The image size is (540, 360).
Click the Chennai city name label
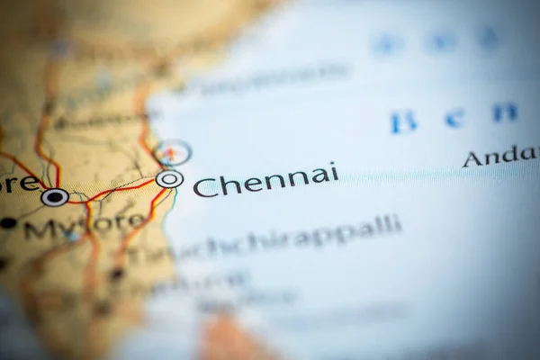(x=265, y=179)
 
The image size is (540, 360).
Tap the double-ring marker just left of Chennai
(x=169, y=179)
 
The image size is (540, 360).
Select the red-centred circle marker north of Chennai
(x=172, y=152)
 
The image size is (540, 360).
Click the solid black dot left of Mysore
(x=8, y=222)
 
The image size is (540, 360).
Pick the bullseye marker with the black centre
(x=55, y=196)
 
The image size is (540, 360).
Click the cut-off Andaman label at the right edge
(x=499, y=156)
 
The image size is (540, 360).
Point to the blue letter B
(x=403, y=121)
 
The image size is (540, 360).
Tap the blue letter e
(x=454, y=118)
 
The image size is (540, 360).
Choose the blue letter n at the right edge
(x=506, y=112)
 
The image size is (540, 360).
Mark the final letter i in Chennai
(x=334, y=171)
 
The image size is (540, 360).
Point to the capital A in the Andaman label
(x=472, y=159)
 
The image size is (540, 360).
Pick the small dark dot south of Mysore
(x=116, y=273)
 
